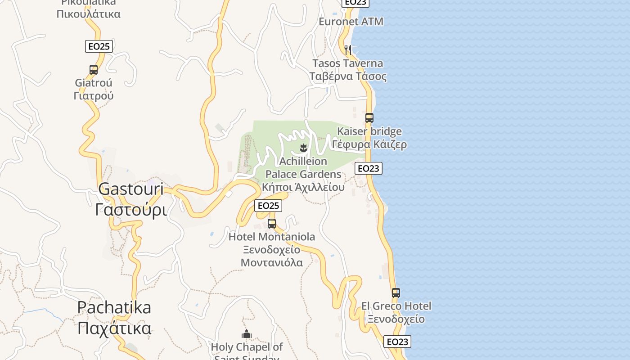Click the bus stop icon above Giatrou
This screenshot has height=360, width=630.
[x=94, y=70]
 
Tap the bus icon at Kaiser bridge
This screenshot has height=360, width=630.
[x=369, y=118]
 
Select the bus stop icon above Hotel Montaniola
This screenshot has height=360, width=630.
[x=272, y=223]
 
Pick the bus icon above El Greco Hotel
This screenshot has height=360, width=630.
[x=396, y=293]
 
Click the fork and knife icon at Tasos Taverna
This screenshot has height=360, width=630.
[x=347, y=49]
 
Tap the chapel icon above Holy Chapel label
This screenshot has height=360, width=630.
[x=246, y=334]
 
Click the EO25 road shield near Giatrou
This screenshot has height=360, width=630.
[x=99, y=46]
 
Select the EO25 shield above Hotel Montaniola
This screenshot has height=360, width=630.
[x=268, y=206]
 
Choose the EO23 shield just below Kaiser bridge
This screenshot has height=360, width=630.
[x=369, y=168]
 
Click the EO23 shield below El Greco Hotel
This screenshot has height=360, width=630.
[x=397, y=342]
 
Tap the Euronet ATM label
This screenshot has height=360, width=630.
[x=351, y=22]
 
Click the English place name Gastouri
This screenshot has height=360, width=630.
[x=131, y=189]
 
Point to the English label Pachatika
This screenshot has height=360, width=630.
[x=114, y=307]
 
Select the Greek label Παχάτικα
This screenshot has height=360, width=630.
[x=114, y=328]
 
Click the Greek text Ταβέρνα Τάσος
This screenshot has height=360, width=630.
[x=348, y=76]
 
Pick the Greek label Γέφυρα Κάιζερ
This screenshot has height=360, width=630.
[x=369, y=144]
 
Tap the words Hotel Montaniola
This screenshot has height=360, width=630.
[x=272, y=237]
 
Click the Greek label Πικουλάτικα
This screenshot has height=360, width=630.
[x=89, y=14]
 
